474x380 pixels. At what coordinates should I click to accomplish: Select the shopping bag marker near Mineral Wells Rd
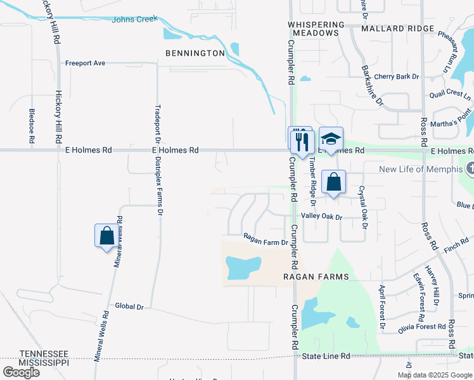click(106, 236)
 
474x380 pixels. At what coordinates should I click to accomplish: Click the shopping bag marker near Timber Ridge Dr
click(333, 182)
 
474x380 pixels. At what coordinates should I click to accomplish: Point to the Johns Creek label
click(134, 20)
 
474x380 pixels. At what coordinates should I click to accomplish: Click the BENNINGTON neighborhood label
click(195, 53)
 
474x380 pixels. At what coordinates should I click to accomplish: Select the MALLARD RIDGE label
click(398, 28)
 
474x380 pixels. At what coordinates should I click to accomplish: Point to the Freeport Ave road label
click(85, 63)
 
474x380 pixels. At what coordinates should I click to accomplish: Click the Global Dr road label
click(129, 307)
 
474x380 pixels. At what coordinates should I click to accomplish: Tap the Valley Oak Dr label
click(321, 217)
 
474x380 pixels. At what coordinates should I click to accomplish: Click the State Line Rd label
click(326, 357)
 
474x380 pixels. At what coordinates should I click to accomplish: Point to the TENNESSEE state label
click(44, 353)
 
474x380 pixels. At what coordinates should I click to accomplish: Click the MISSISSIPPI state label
click(44, 362)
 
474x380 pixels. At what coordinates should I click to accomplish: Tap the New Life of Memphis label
click(421, 169)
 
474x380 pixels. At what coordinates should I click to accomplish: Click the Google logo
click(21, 372)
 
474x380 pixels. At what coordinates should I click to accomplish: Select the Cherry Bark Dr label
click(397, 77)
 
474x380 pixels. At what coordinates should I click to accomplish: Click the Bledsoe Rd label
click(32, 127)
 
